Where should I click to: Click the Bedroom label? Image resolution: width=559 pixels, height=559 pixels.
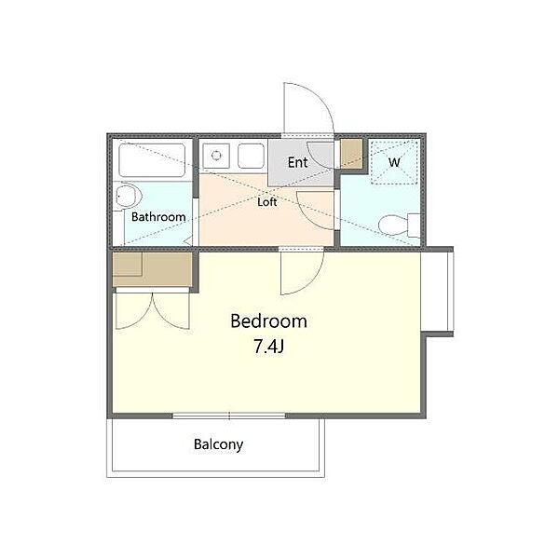pos(269,320)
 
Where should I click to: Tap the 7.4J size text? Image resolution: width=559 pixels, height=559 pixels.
pos(268,347)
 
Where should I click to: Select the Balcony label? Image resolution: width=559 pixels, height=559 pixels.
pos(219,444)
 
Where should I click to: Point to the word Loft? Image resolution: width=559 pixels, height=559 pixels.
pos(267,202)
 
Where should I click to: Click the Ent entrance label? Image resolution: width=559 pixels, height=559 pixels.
pos(298,162)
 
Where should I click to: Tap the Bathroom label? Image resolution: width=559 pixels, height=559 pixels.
pos(158,217)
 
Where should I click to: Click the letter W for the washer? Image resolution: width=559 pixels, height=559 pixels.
pos(394,162)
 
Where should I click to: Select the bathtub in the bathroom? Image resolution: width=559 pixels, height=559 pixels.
pos(152,160)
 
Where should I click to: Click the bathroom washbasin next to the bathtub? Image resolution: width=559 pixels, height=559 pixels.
pos(128,196)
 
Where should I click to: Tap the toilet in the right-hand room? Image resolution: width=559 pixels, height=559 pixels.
pos(400,225)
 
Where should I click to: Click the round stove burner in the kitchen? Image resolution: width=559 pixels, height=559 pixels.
pos(216,156)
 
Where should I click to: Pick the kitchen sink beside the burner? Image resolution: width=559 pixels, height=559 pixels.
pos(251,156)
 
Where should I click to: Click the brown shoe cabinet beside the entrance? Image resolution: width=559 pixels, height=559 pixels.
pos(351,154)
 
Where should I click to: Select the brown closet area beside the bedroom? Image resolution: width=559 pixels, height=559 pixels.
pos(153,269)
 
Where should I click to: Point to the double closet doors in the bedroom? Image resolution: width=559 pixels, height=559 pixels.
pos(153,310)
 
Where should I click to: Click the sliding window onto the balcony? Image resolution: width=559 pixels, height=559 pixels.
pos(229,416)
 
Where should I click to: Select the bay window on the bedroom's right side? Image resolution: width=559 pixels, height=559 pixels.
pos(438,292)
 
